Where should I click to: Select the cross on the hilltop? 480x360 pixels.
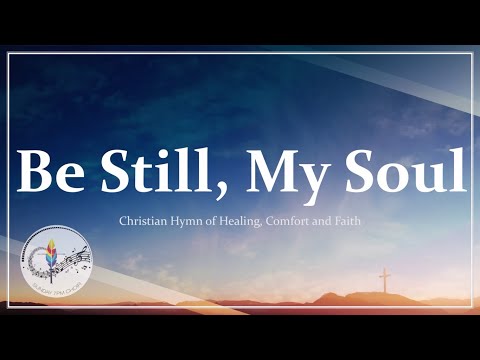(384, 278)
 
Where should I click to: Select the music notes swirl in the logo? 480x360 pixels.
(72, 262)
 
